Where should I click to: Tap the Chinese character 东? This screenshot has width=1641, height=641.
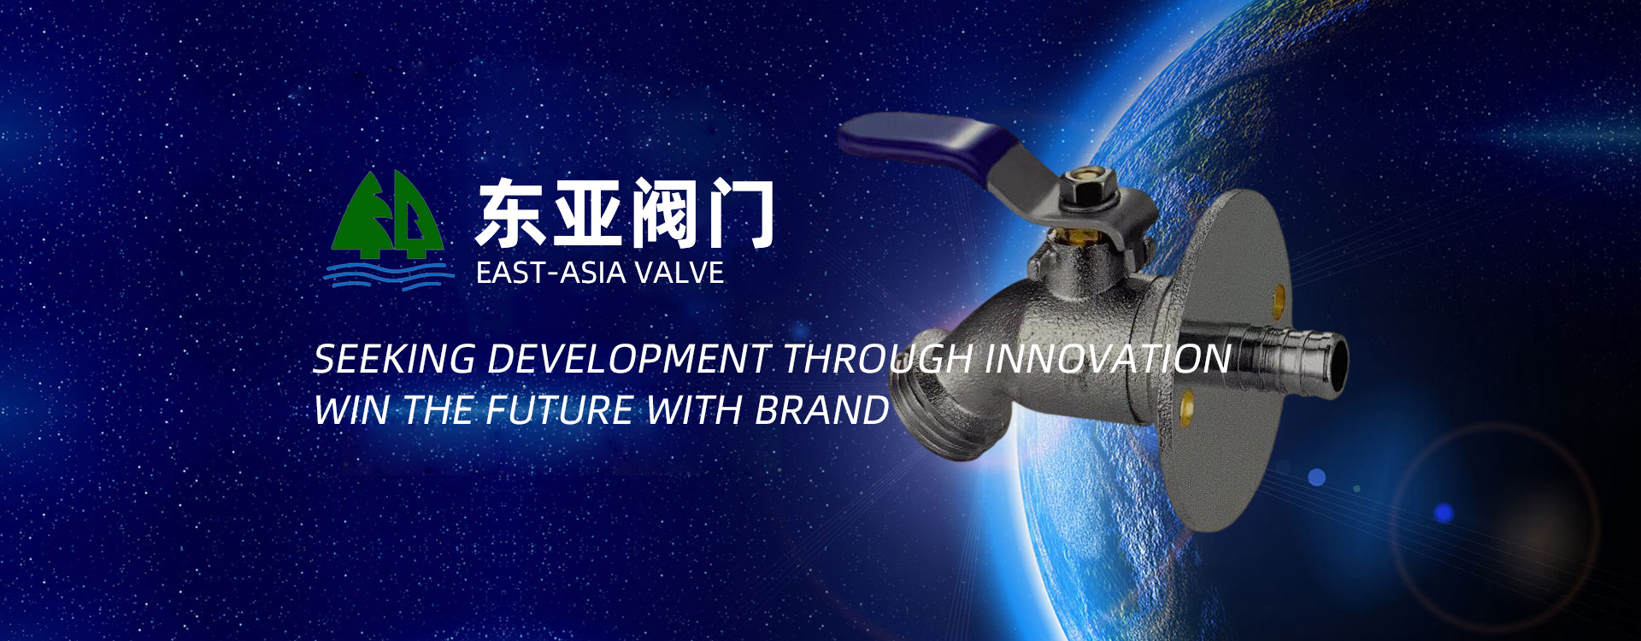(510, 213)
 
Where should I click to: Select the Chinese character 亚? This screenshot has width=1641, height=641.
(586, 213)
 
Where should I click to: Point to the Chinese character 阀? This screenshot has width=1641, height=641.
(663, 213)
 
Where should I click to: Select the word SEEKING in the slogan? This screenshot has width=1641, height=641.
(394, 359)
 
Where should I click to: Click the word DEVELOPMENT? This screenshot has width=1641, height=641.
(628, 359)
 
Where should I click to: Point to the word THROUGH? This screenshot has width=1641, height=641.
(877, 359)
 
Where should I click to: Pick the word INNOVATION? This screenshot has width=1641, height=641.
(1108, 359)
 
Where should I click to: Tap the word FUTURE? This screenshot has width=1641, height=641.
(560, 410)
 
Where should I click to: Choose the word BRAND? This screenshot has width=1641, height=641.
(821, 410)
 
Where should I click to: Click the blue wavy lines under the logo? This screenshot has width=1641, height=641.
(389, 275)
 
